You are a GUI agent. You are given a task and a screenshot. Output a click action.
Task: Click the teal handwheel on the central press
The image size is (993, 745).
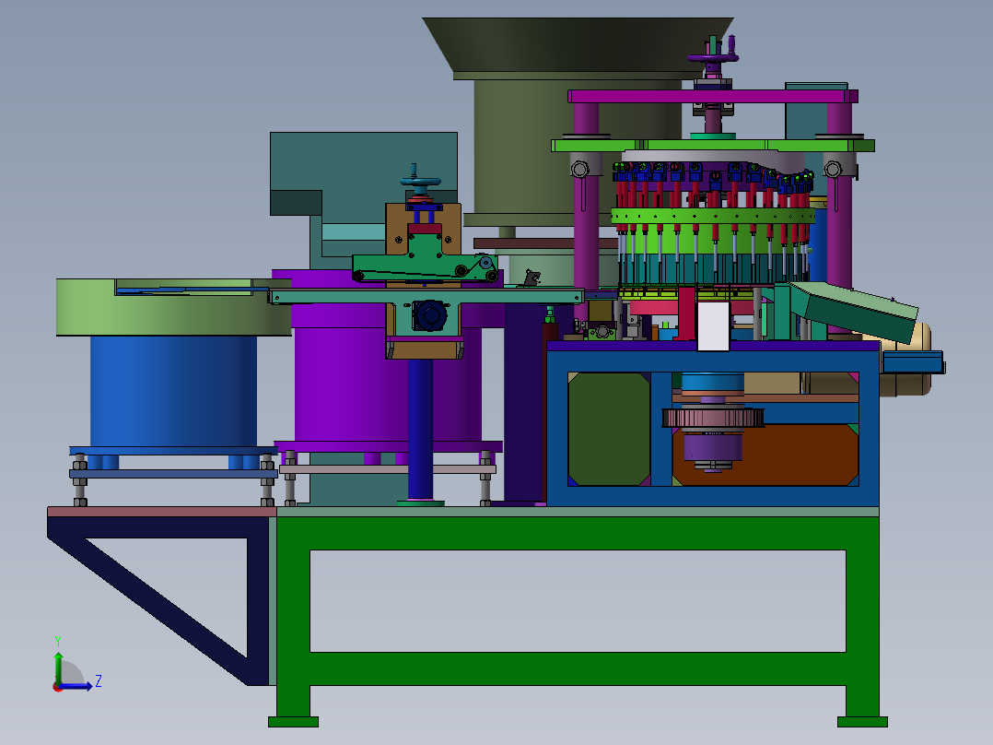tap(420, 182)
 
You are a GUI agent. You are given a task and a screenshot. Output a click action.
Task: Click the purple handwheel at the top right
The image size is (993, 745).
tap(713, 58)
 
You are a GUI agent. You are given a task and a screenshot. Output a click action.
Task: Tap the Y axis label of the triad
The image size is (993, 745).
tap(58, 641)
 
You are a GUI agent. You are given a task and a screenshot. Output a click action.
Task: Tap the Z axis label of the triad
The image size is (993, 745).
tap(99, 681)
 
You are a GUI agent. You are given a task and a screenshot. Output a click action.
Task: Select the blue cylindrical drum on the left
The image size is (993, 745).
tap(173, 391)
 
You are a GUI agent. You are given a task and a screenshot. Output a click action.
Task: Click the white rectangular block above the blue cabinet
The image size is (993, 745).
tap(713, 325)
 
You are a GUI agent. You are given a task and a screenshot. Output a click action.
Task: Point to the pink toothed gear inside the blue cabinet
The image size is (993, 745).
tap(713, 418)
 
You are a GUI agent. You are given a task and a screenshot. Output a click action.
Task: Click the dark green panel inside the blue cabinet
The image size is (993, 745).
tap(609, 430)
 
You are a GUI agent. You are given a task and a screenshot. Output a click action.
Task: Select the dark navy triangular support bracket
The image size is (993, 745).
tap(158, 596)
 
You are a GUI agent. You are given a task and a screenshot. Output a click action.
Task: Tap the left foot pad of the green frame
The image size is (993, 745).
tap(293, 722)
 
